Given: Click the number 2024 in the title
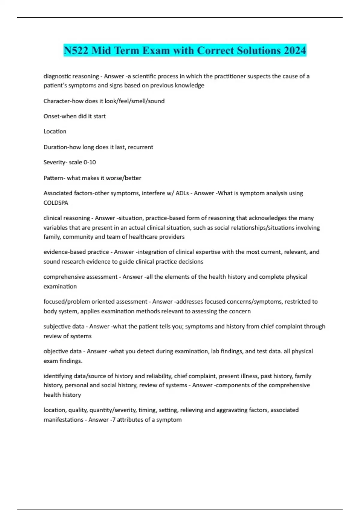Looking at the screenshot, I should pyautogui.click(x=295, y=50).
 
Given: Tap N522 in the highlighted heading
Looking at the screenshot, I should pyautogui.click(x=76, y=50).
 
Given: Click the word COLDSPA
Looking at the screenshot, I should pyautogui.click(x=56, y=203).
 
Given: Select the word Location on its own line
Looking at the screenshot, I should pyautogui.click(x=55, y=131).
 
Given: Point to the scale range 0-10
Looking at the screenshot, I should pyautogui.click(x=90, y=162).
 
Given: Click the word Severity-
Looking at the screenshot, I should pyautogui.click(x=55, y=162).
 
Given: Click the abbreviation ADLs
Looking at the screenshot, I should pyautogui.click(x=182, y=193).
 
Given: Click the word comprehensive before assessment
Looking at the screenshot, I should pyautogui.click(x=62, y=277).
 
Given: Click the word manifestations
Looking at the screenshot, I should pyautogui.click(x=63, y=420).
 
